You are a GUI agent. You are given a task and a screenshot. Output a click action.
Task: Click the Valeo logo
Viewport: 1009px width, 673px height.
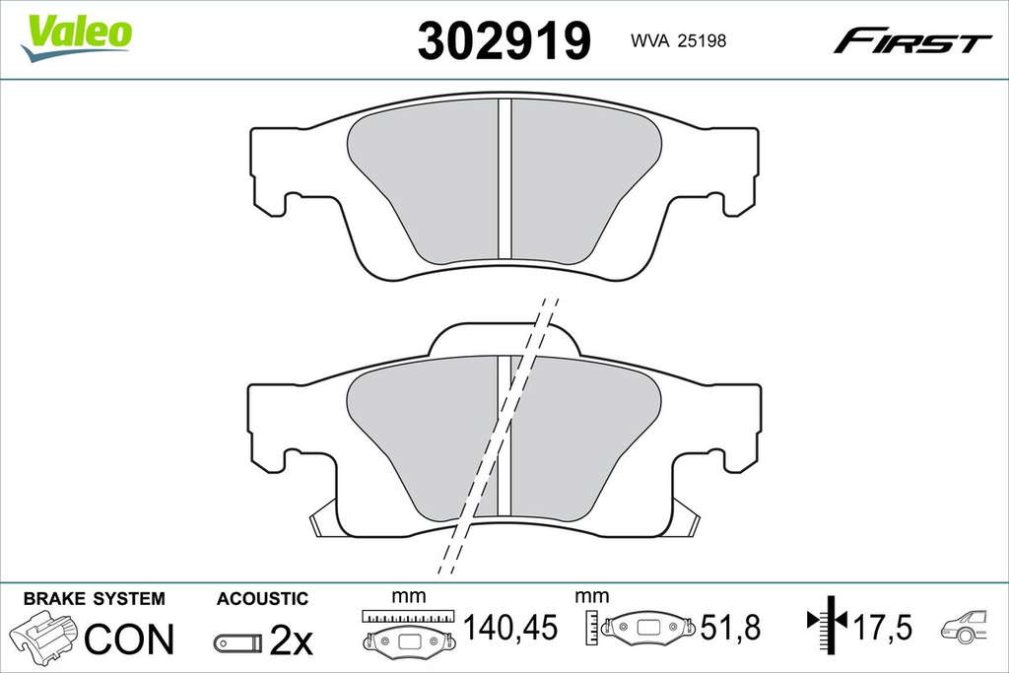[77, 36]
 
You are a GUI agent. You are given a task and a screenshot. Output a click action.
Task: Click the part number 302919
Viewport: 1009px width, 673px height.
[504, 40]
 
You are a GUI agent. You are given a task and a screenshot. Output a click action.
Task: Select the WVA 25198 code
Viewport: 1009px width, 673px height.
[678, 40]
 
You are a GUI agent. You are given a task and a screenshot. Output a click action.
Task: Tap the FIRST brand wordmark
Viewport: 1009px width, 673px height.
[911, 40]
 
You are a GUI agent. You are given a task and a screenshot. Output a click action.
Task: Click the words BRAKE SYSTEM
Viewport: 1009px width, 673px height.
[94, 598]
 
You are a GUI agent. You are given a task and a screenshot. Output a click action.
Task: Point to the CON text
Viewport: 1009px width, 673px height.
[129, 639]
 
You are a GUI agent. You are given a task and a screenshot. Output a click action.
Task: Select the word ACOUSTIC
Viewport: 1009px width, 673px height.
[262, 598]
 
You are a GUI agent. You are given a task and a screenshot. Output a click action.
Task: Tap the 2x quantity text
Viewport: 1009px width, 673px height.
[291, 639]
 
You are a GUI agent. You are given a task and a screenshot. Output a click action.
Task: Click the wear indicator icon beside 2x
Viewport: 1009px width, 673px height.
[238, 642]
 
